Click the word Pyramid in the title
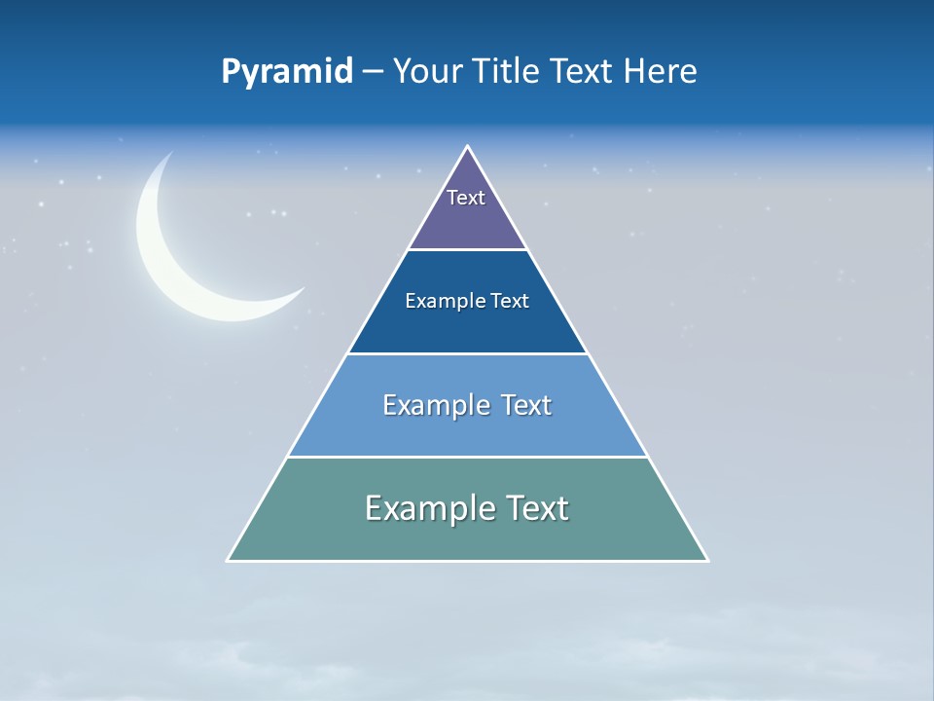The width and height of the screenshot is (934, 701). tap(287, 72)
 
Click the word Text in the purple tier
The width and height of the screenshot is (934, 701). tap(465, 198)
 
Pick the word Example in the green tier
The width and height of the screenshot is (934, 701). tap(424, 508)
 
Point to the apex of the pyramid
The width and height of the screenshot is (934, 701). tap(468, 147)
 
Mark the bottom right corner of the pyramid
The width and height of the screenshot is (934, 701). tap(706, 560)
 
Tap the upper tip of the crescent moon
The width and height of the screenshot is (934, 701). tap(171, 153)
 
